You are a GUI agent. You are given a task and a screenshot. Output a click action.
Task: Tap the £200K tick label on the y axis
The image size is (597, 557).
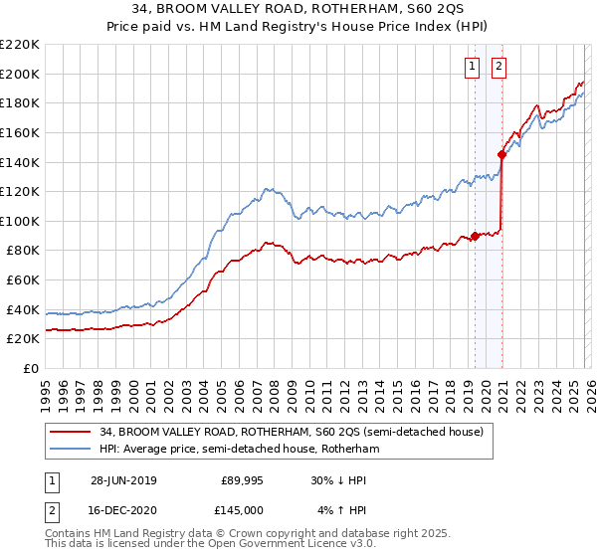point(20,74)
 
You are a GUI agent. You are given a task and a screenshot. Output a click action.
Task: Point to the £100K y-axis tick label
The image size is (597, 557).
point(20,221)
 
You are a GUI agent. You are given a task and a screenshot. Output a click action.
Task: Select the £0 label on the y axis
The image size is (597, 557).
point(31,368)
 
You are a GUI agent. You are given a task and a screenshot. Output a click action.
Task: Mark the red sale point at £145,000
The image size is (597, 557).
point(501,154)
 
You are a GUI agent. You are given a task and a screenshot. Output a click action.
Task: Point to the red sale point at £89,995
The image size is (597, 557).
point(476,236)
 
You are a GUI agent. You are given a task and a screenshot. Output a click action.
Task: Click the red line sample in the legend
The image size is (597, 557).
point(73,432)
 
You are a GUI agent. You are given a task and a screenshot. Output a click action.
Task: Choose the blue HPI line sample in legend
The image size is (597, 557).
point(73,449)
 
